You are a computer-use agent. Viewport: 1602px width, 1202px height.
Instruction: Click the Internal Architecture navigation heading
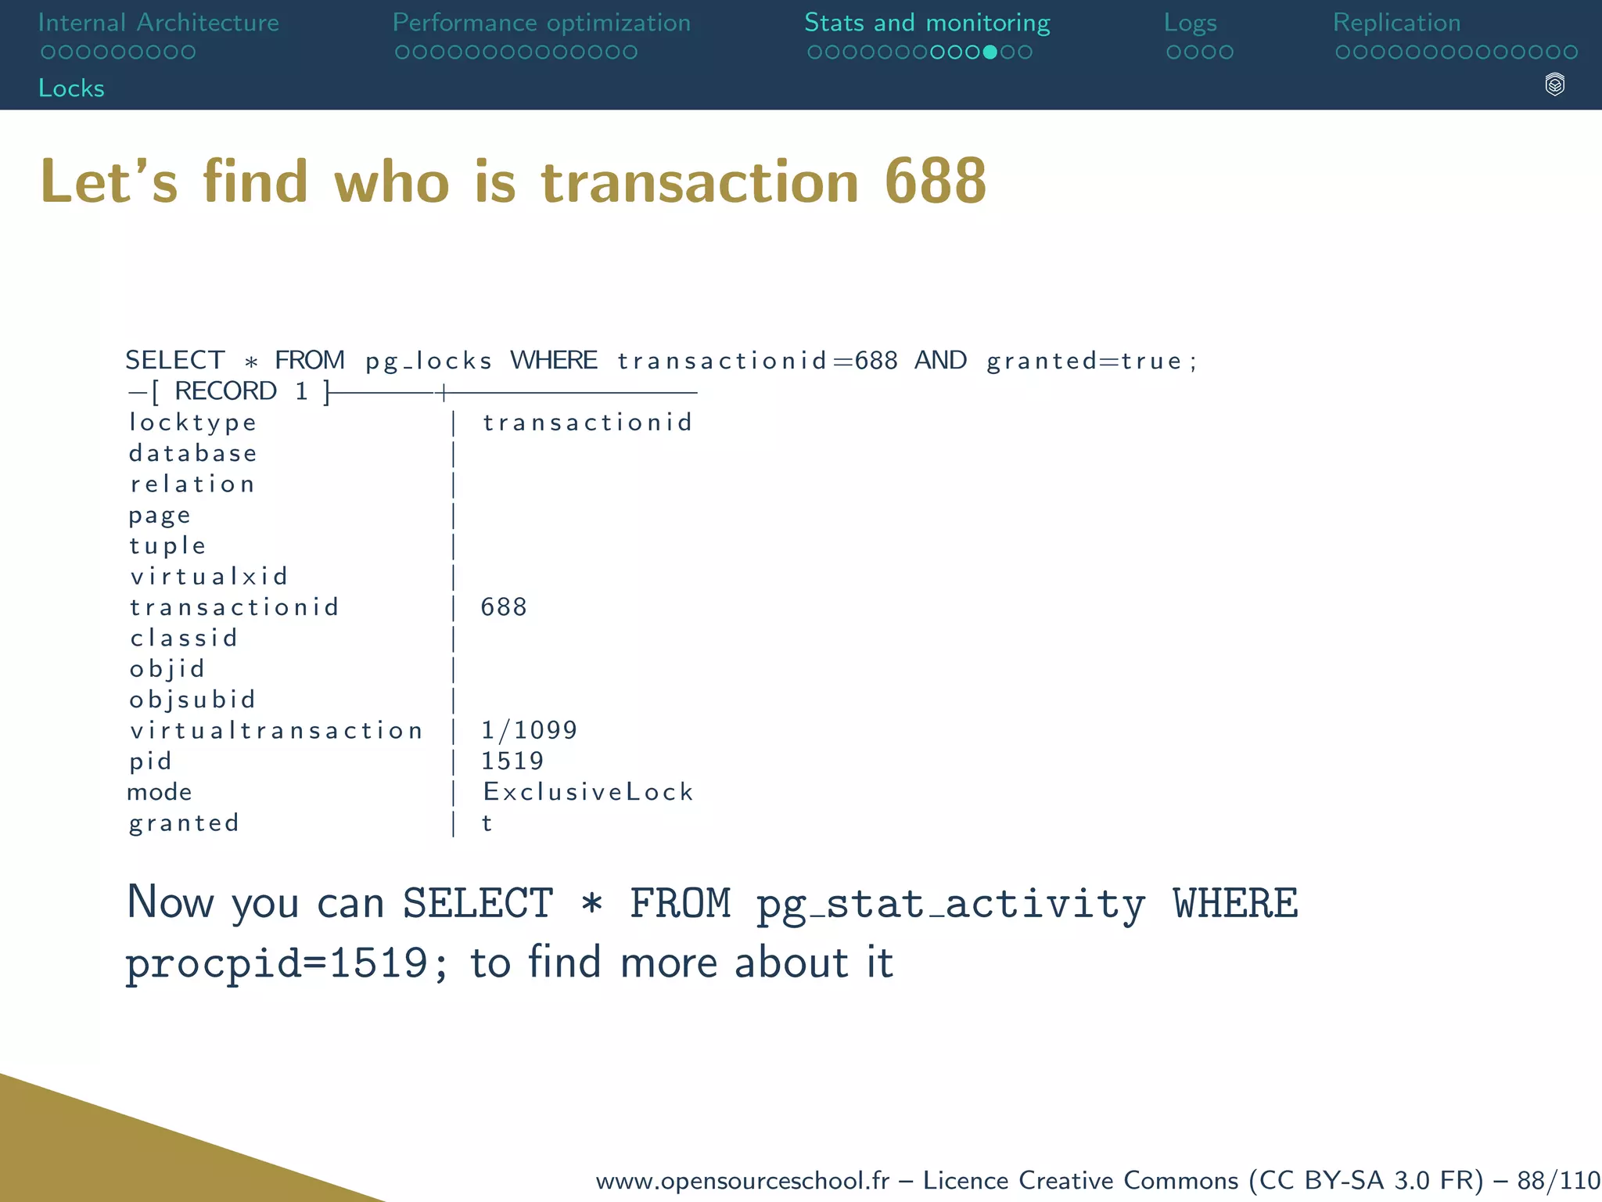158,23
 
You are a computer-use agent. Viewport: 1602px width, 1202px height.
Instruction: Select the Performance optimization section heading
541,23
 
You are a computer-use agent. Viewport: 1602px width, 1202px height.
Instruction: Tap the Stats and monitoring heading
927,23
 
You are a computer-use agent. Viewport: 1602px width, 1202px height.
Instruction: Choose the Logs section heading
1190,23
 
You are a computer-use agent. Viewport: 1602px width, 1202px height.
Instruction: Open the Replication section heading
1396,23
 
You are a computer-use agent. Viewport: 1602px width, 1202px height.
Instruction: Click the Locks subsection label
71,88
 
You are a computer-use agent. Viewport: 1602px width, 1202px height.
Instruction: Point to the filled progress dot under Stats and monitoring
990,52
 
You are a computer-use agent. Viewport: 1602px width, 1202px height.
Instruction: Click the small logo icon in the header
1554,85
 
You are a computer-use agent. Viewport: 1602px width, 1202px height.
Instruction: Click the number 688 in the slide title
935,182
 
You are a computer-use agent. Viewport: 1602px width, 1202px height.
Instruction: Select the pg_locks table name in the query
429,361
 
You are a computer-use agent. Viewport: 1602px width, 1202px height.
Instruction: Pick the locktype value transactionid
587,423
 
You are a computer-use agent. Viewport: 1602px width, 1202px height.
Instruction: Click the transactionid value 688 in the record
503,607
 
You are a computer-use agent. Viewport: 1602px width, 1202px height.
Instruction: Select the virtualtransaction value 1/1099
529,730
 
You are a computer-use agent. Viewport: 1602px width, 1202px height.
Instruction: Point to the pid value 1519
512,761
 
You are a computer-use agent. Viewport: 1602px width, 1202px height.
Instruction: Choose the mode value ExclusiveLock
587,792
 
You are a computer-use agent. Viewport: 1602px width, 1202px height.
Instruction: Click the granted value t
487,823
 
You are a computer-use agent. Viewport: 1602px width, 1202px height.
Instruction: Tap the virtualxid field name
209,577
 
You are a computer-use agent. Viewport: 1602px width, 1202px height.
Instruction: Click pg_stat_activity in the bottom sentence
950,905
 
